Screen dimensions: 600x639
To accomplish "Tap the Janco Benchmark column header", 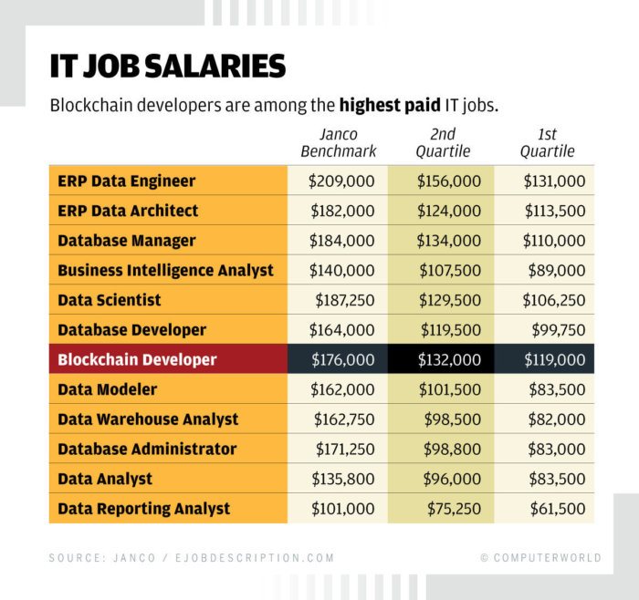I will (x=338, y=143).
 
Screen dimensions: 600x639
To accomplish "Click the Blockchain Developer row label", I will (x=137, y=359).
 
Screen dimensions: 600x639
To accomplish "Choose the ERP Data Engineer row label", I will (x=126, y=181).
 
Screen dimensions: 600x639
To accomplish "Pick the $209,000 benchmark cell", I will (x=341, y=181).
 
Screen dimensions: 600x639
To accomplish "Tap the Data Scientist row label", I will (x=109, y=300).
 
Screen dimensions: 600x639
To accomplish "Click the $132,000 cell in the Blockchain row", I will (x=448, y=360).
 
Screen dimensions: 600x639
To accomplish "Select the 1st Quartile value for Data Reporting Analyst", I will (x=554, y=509).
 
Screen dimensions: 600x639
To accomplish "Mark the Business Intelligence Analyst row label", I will (x=165, y=270).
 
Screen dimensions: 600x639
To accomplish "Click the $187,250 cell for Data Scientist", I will (x=344, y=300).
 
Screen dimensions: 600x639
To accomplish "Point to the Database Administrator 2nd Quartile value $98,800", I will (x=451, y=449).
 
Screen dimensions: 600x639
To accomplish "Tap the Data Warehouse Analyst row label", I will (x=148, y=419).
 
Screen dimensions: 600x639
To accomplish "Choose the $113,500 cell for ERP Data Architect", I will (x=553, y=211).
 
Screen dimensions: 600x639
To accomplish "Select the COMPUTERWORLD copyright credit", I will (x=540, y=557).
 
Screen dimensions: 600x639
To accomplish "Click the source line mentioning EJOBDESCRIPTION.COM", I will (x=192, y=557).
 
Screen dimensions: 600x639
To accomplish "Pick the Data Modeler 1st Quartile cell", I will (x=557, y=389).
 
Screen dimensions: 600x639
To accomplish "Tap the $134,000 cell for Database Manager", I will (x=448, y=241).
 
